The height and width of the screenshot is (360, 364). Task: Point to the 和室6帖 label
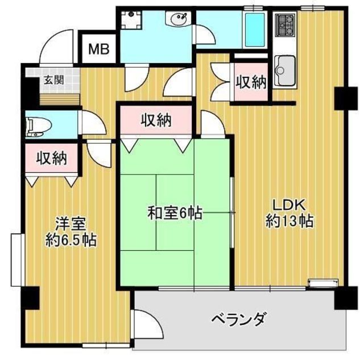(x=175, y=214)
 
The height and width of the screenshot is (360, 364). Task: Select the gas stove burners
(x=286, y=25)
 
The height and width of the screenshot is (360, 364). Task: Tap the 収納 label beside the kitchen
(x=251, y=82)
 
